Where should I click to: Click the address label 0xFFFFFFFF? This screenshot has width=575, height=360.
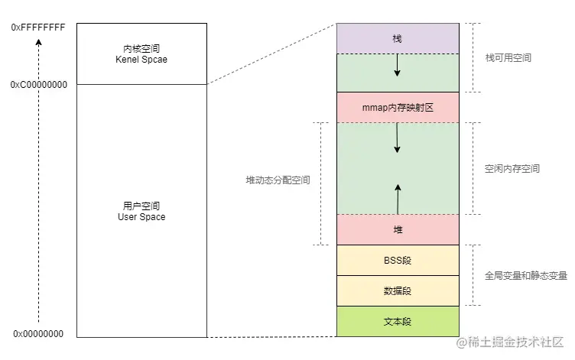pyautogui.click(x=38, y=28)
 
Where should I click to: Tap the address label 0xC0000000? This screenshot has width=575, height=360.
pyautogui.click(x=38, y=85)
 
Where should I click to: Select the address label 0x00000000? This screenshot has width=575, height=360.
pyautogui.click(x=38, y=334)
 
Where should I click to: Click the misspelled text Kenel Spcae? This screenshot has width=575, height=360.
pyautogui.click(x=141, y=59)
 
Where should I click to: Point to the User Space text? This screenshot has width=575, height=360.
pyautogui.click(x=141, y=217)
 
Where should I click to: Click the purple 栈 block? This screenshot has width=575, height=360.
pyautogui.click(x=398, y=38)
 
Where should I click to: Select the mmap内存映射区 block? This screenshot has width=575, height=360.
pyautogui.click(x=398, y=108)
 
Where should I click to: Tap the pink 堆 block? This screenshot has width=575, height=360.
pyautogui.click(x=398, y=229)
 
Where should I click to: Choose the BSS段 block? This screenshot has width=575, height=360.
pyautogui.click(x=398, y=260)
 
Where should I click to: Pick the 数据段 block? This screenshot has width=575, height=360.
pyautogui.click(x=398, y=290)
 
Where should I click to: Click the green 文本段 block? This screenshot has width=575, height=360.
pyautogui.click(x=398, y=322)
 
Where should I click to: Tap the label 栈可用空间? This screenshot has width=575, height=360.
pyautogui.click(x=508, y=58)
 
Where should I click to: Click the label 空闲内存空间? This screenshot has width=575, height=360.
pyautogui.click(x=512, y=169)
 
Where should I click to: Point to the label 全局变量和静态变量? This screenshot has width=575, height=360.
pyautogui.click(x=526, y=275)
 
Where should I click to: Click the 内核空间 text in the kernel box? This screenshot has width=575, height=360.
pyautogui.click(x=141, y=47)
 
